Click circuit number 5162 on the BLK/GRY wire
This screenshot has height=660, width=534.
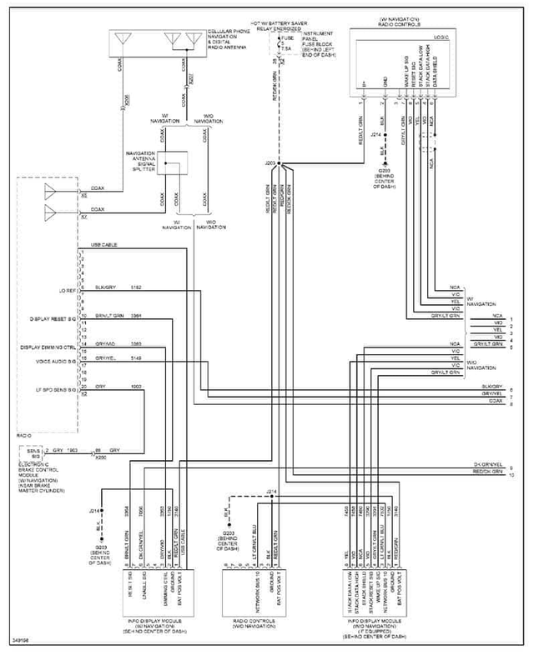(136, 287)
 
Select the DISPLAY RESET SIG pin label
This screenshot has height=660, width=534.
(53, 317)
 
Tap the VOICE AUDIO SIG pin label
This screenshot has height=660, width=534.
(56, 359)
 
